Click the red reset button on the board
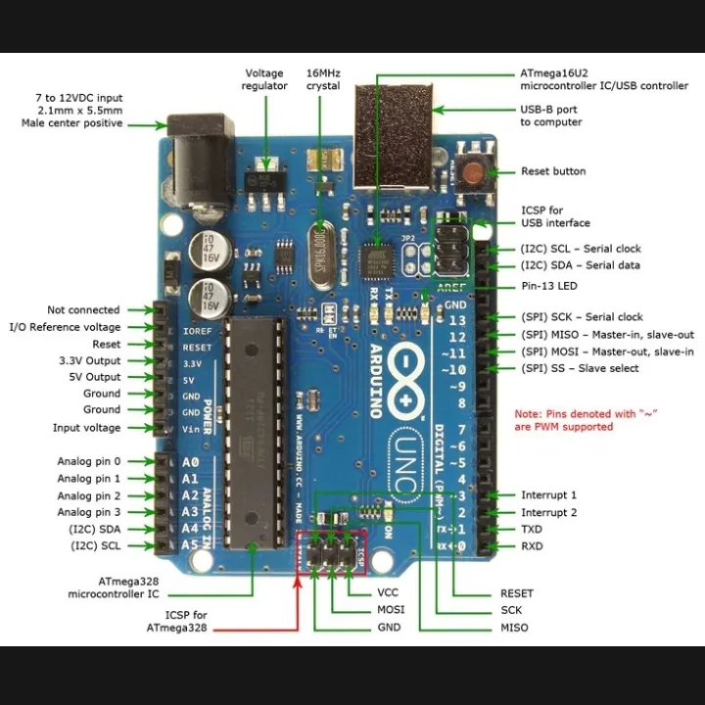coord(474,173)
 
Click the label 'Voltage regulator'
coord(265,79)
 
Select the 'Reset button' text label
coord(553,171)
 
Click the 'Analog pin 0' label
coord(89,461)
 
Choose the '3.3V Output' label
coord(90,360)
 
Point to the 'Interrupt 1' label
coord(548,495)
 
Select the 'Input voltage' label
coord(87,428)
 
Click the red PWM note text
coord(585,420)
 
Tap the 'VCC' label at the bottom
coord(387,593)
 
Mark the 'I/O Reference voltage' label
coord(66,327)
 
